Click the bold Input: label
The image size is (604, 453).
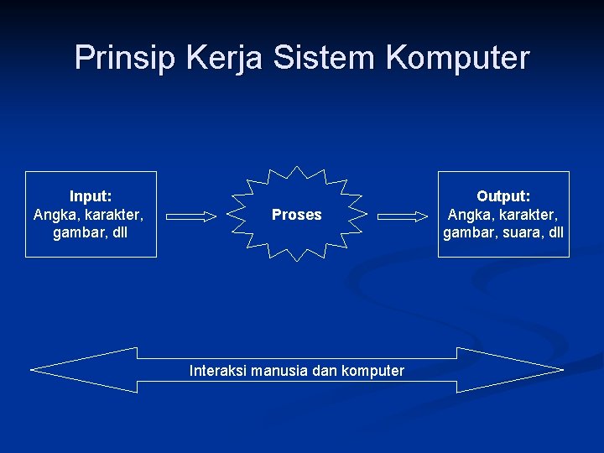(91, 196)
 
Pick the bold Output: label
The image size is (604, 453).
(503, 196)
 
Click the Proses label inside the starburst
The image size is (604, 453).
(296, 215)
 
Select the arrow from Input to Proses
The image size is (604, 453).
(191, 216)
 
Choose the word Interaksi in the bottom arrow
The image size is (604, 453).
(218, 371)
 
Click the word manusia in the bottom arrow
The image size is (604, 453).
(279, 371)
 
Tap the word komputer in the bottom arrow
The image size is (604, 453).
(373, 371)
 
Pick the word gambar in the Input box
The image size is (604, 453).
(78, 232)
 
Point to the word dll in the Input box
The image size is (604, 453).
(118, 232)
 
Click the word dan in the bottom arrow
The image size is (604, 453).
(325, 371)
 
